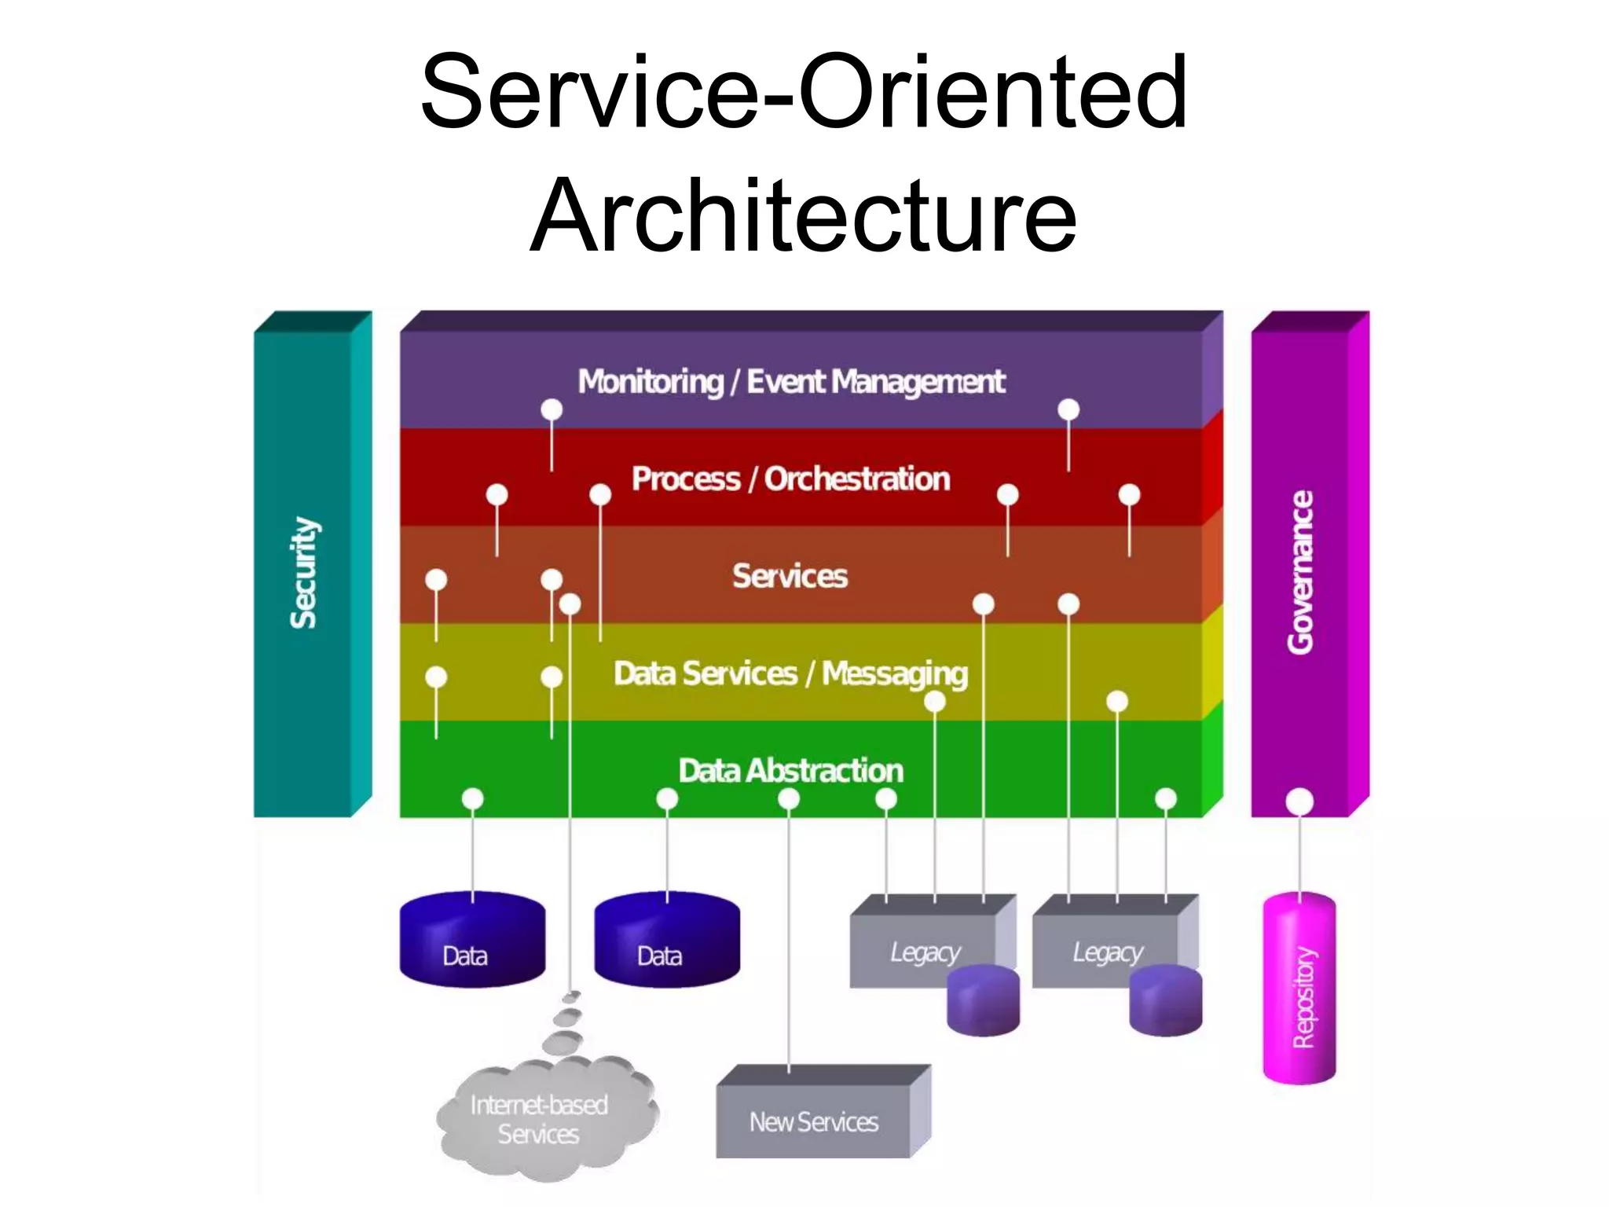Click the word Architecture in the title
803,216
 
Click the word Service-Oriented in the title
803,92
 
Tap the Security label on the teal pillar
303,572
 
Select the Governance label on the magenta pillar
1301,572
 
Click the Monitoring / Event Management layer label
790,382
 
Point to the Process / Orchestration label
790,479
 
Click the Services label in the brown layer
790,576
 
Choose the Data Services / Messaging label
790,674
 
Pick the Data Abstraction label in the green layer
790,771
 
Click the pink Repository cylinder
1299,990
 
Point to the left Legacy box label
925,952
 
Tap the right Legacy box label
1107,952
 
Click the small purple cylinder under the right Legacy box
1165,1001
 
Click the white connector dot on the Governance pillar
1299,802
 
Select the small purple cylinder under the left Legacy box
983,1001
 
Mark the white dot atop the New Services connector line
789,799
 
